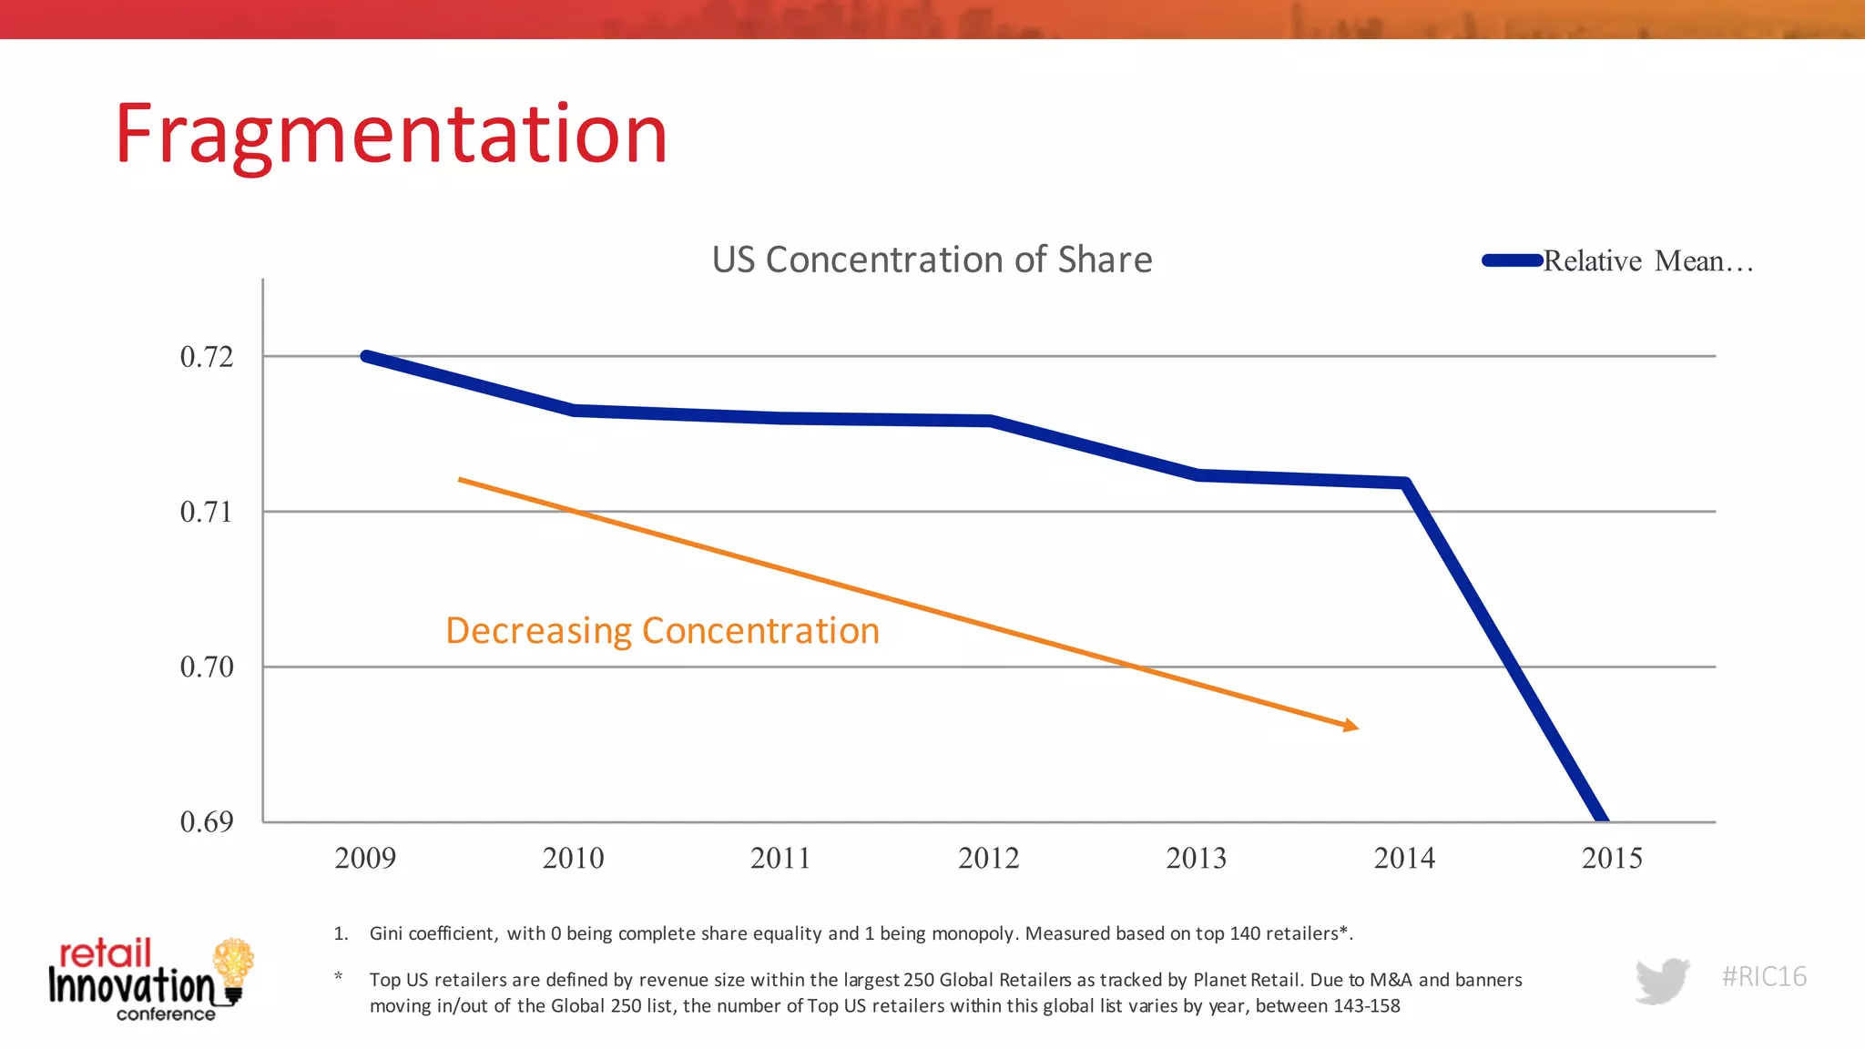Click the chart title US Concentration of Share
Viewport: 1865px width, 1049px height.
[x=932, y=260]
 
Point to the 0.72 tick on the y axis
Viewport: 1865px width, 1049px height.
[x=207, y=357]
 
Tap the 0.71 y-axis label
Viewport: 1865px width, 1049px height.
[x=207, y=512]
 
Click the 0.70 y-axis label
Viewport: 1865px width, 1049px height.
[x=207, y=667]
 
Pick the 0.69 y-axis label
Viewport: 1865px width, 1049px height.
[x=207, y=822]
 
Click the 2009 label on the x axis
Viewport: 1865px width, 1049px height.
[x=365, y=859]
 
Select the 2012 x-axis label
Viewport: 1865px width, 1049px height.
[x=989, y=859]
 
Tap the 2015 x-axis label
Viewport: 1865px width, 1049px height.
[x=1612, y=859]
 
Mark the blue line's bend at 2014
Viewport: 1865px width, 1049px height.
[x=1405, y=483]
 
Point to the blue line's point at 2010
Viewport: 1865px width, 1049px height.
[x=575, y=411]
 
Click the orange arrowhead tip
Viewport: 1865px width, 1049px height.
[x=1357, y=728]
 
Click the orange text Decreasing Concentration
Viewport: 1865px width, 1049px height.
[x=662, y=631]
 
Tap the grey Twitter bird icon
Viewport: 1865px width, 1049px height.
[x=1662, y=980]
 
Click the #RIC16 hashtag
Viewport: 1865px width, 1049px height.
[x=1764, y=977]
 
